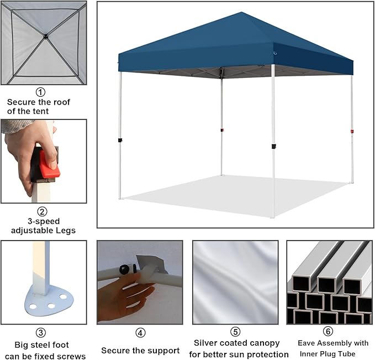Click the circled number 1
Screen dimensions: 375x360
[40, 92]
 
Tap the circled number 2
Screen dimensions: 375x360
[43, 211]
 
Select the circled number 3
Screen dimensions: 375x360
[41, 333]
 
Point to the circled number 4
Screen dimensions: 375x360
[140, 333]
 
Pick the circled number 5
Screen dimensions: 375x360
[235, 332]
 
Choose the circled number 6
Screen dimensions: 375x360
[328, 331]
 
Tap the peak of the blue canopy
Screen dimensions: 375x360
[241, 12]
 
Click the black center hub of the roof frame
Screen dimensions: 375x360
[45, 36]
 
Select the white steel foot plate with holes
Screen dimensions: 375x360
[49, 301]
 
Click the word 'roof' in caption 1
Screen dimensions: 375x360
[62, 102]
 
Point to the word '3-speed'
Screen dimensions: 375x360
[44, 221]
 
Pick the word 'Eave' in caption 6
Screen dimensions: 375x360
[306, 343]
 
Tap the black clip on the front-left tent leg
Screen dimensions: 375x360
[120, 140]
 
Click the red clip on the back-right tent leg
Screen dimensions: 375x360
[352, 131]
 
